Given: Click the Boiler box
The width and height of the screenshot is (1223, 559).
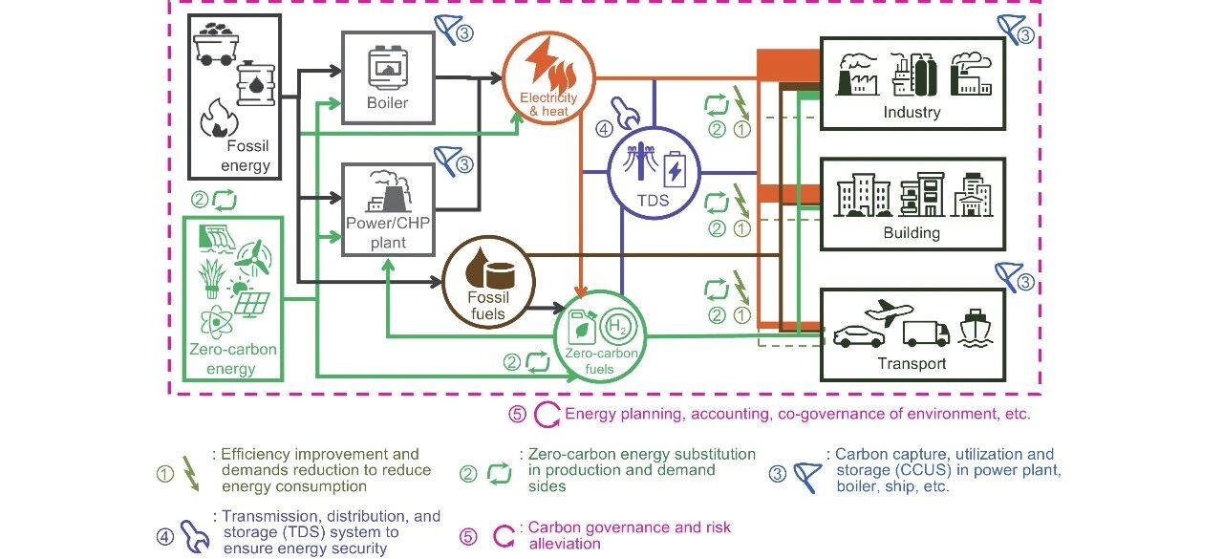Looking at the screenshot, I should [x=388, y=76].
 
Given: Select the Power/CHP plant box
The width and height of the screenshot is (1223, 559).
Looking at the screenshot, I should [x=388, y=208].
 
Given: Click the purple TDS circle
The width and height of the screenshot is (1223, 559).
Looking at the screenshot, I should [x=654, y=172].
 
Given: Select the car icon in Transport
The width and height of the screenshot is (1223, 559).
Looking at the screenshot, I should [x=860, y=336].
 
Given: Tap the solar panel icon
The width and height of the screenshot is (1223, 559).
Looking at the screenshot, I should [x=250, y=305].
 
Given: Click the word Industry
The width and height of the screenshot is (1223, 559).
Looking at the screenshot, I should [x=912, y=113].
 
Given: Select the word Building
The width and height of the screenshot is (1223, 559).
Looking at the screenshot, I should [x=912, y=233].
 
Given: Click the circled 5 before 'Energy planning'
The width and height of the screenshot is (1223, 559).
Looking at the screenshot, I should [x=517, y=415].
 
